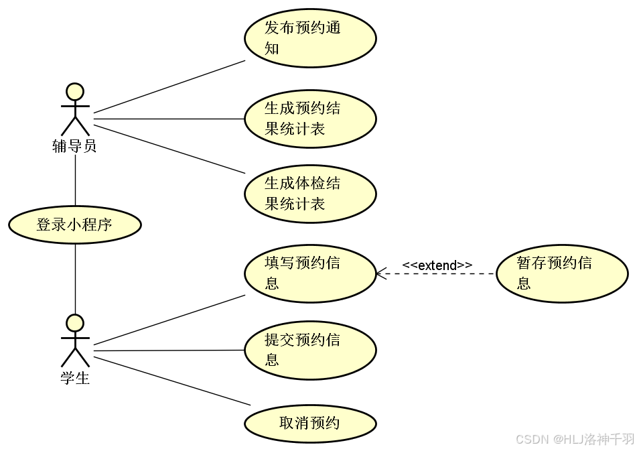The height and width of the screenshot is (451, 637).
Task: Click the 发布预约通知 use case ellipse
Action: tap(309, 38)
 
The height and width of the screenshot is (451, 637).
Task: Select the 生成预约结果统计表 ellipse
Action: tap(309, 119)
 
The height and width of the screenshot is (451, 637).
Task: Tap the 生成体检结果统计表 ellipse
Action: tap(309, 194)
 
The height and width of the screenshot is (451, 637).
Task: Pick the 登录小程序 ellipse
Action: tap(74, 225)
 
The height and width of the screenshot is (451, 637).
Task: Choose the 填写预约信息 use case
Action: tap(309, 273)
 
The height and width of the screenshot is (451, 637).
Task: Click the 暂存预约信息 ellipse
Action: tap(562, 273)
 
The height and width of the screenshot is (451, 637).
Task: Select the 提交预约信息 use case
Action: tap(309, 350)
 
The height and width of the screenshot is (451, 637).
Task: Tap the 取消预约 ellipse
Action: tap(309, 423)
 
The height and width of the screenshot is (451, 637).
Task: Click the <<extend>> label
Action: tap(437, 265)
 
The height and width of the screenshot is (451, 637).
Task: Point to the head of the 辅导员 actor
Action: tap(75, 92)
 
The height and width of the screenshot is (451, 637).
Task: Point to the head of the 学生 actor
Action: tap(75, 324)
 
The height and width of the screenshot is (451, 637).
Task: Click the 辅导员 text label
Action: tap(74, 146)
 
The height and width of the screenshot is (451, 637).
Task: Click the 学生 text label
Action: tap(75, 379)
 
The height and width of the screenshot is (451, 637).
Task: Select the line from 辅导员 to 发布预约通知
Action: tap(169, 86)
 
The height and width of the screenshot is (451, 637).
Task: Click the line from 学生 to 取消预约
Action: tap(172, 380)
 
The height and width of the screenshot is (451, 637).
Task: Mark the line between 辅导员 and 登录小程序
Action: tap(75, 181)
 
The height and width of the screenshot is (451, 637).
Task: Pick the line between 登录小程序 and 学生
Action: tap(75, 278)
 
